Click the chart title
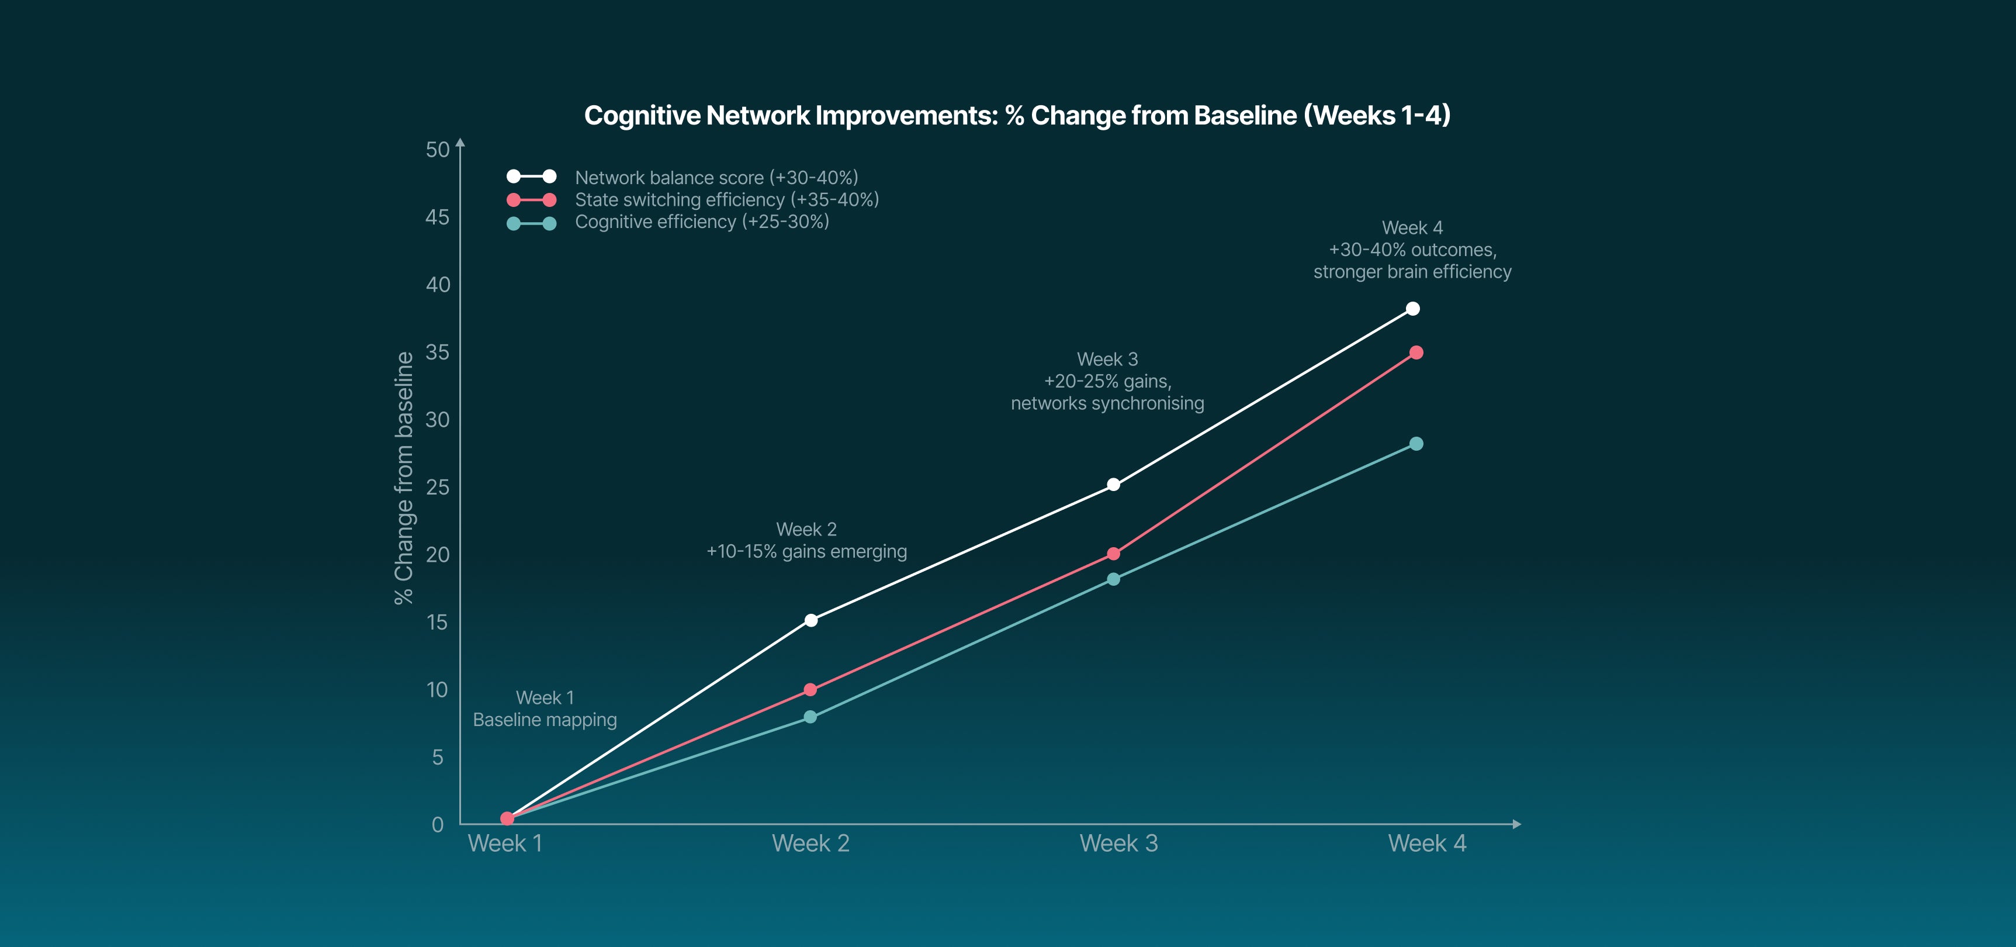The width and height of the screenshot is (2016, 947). point(1017,116)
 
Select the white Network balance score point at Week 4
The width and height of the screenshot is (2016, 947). point(1412,309)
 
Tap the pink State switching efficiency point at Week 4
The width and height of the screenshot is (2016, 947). point(1416,353)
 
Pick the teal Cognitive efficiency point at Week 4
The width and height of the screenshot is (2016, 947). point(1416,444)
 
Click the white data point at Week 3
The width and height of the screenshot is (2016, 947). point(1113,485)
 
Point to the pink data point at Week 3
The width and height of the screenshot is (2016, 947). point(1113,554)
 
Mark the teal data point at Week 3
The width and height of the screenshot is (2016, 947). point(1113,579)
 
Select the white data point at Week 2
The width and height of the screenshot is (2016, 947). point(811,621)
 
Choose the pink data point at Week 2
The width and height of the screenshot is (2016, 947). point(810,690)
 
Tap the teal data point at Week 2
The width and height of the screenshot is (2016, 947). point(810,717)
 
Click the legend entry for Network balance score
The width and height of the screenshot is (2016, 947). point(715,178)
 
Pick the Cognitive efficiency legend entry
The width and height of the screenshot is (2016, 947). point(701,222)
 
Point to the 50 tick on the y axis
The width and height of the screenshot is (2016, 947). point(438,150)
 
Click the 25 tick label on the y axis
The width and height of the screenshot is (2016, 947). point(438,488)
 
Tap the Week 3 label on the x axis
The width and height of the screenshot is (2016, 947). point(1118,844)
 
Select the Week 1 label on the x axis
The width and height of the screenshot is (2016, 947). point(505,844)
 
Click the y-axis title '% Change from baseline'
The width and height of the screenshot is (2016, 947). point(404,478)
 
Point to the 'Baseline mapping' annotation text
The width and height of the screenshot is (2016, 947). point(545,720)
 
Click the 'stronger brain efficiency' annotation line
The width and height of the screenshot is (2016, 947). point(1412,272)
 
